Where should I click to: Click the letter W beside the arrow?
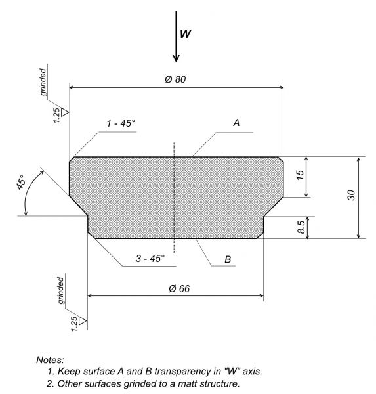[185, 33]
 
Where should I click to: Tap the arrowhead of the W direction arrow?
[176, 58]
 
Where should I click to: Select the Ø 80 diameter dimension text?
[175, 79]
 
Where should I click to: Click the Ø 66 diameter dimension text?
[179, 288]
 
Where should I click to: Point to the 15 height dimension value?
[300, 175]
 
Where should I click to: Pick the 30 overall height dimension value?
[351, 195]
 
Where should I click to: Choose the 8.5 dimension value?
[301, 227]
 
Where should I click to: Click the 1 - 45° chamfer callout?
[121, 123]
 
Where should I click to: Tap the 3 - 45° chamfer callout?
[150, 258]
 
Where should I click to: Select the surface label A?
[236, 123]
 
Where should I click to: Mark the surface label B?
[228, 259]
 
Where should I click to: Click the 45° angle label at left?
[20, 182]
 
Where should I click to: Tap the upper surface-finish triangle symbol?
[65, 112]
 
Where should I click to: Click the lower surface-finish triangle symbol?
[83, 320]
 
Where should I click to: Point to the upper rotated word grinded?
[43, 82]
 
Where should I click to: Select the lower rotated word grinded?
[61, 290]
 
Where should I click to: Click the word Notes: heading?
[51, 360]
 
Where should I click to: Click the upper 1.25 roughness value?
[57, 116]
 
